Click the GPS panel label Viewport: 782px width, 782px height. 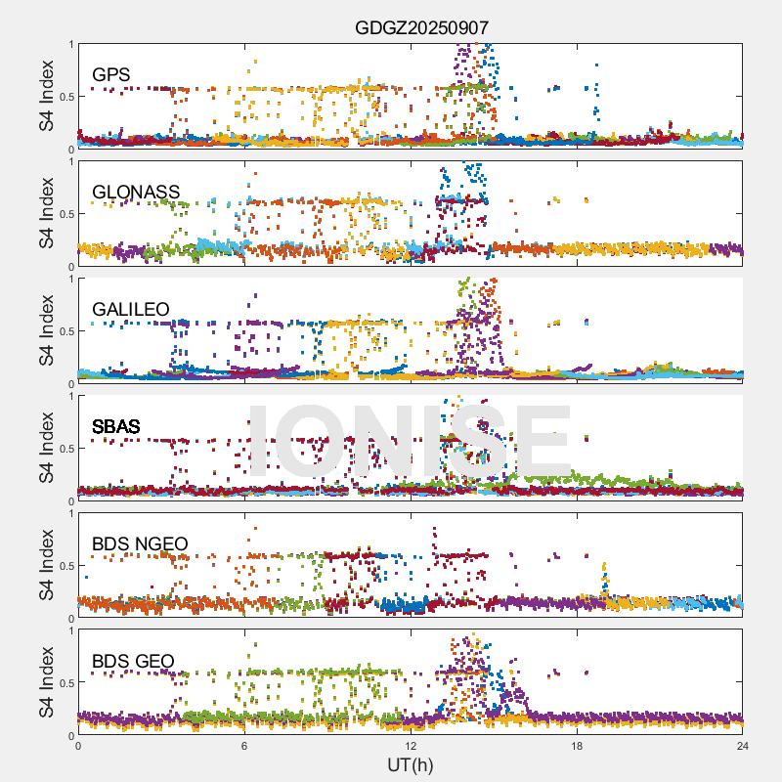pyautogui.click(x=111, y=74)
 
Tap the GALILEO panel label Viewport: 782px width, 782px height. pyautogui.click(x=131, y=309)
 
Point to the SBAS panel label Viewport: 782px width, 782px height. pyautogui.click(x=116, y=426)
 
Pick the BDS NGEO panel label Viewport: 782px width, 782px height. pyautogui.click(x=140, y=543)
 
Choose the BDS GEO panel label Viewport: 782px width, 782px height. pyautogui.click(x=133, y=662)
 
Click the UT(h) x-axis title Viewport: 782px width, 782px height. pyautogui.click(x=411, y=764)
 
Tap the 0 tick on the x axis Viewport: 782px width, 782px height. pyautogui.click(x=78, y=746)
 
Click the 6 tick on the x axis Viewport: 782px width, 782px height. pyautogui.click(x=244, y=746)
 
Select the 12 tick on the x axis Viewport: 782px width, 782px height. pyautogui.click(x=411, y=746)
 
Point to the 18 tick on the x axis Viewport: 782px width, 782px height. pyautogui.click(x=577, y=746)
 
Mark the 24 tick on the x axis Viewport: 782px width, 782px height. pyautogui.click(x=743, y=746)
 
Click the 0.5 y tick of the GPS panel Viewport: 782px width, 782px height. pyautogui.click(x=65, y=97)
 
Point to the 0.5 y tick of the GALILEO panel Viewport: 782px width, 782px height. pyautogui.click(x=65, y=331)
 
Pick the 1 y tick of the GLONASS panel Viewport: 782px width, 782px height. pyautogui.click(x=70, y=161)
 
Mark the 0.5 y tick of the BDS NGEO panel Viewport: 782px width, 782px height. pyautogui.click(x=65, y=566)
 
